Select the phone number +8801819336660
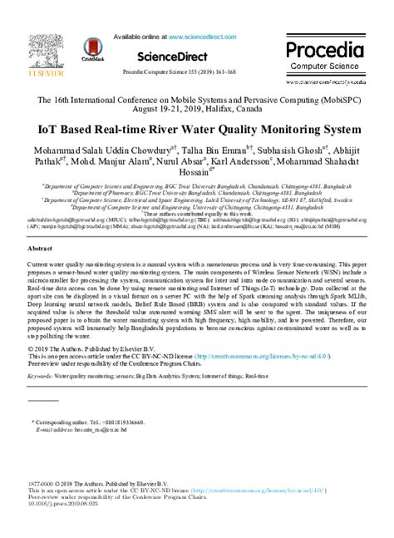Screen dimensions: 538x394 131,422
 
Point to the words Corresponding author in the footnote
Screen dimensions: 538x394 64,422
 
